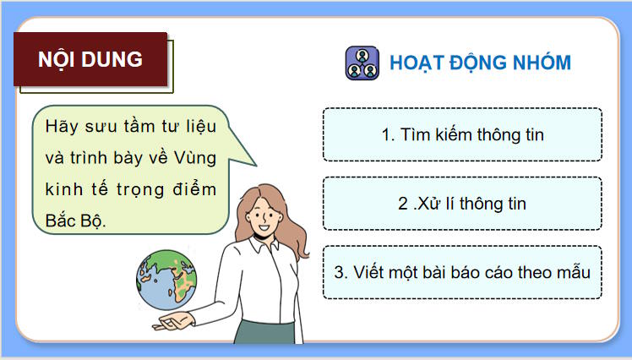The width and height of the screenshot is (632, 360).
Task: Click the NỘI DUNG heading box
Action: click(90, 60)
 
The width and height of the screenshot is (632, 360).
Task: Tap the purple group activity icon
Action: click(362, 63)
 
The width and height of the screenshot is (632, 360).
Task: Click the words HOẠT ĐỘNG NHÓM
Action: click(480, 63)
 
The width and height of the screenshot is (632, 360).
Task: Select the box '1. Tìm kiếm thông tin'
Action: click(461, 134)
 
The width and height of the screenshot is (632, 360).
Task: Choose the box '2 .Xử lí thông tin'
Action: click(461, 204)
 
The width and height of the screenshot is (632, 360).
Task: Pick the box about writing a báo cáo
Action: click(461, 272)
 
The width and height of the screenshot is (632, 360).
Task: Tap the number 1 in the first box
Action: click(384, 134)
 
